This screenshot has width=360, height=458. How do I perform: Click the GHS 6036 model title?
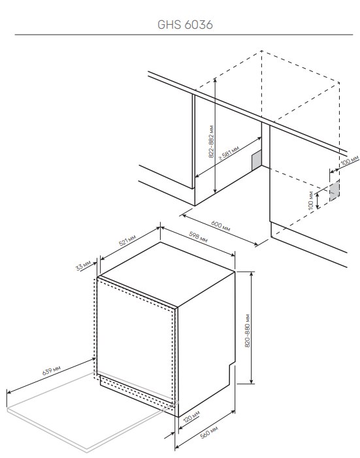[185, 25]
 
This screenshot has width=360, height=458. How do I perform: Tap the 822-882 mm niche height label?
[211, 142]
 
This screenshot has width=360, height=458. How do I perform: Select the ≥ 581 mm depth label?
[229, 152]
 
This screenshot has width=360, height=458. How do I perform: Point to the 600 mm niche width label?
[220, 226]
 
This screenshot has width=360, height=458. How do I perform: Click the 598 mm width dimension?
[198, 237]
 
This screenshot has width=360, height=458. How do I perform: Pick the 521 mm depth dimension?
[127, 240]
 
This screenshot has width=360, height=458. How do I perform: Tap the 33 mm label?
[83, 265]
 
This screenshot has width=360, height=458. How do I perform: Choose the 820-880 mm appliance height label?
[247, 331]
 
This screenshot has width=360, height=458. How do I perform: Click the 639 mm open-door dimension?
[52, 370]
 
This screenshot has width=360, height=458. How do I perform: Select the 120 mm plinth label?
[191, 417]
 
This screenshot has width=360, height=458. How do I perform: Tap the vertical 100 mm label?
[310, 200]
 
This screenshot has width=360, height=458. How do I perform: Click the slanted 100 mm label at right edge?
[350, 161]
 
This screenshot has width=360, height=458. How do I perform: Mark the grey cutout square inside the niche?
[257, 160]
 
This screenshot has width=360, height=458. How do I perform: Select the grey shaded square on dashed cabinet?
[335, 191]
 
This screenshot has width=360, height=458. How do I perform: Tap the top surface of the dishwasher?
[167, 274]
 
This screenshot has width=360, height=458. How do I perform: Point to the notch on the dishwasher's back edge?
[231, 365]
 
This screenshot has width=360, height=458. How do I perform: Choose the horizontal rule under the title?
[184, 35]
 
